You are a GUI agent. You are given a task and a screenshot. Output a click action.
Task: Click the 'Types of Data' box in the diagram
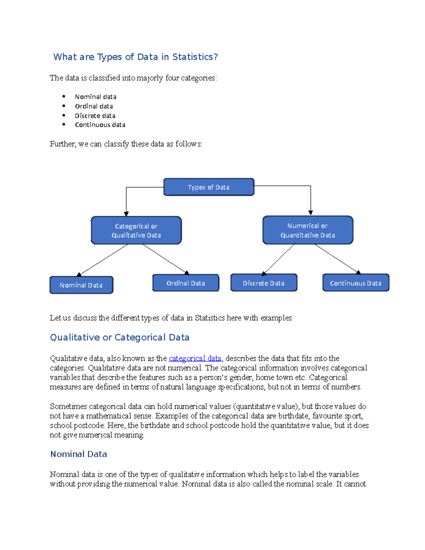209,187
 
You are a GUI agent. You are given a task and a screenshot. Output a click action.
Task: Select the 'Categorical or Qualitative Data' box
136,231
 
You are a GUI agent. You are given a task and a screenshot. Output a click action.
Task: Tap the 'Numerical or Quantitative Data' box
308,230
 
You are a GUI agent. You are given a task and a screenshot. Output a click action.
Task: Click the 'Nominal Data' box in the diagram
81,285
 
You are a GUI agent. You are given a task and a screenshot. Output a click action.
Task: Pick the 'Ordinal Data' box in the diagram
186,283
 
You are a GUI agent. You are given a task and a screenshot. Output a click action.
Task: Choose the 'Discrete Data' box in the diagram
263,283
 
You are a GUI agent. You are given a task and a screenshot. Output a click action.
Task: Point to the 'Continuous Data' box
356,283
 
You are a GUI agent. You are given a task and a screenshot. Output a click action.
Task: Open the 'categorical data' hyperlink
195,358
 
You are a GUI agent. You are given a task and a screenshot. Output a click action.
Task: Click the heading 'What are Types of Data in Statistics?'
135,57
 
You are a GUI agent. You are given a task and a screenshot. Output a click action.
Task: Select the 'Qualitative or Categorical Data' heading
120,338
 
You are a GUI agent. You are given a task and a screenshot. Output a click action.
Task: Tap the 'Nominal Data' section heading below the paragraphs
79,454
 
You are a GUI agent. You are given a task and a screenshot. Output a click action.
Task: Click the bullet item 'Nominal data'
96,97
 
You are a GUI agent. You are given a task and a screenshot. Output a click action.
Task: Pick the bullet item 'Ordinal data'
94,106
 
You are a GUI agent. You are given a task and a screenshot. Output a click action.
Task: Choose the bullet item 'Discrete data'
95,116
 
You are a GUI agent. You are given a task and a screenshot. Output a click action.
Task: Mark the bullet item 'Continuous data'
100,125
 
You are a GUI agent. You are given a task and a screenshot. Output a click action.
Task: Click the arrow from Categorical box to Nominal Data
103,260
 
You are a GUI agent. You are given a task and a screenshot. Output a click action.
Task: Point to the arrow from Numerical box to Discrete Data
279,259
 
